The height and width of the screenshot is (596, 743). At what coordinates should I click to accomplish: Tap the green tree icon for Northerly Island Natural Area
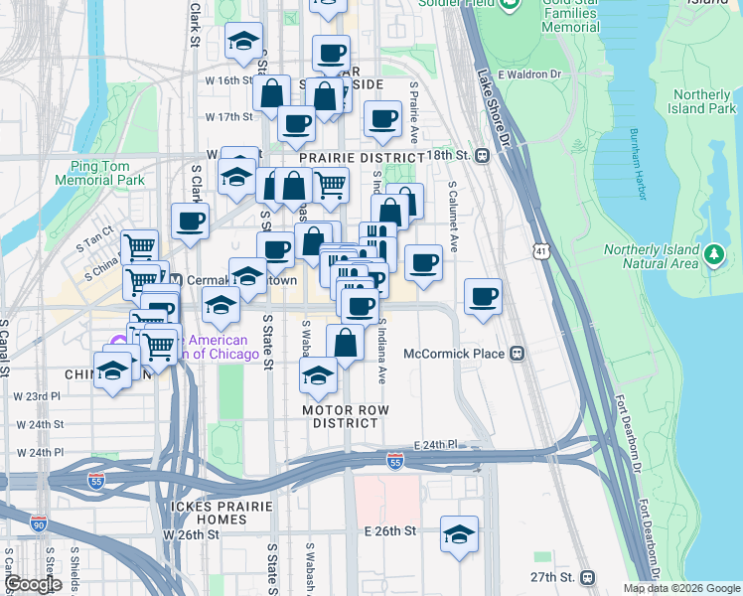point(713,256)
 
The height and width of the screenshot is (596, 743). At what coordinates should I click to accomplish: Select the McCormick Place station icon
point(517,354)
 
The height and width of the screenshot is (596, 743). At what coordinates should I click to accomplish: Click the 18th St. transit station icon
point(482,155)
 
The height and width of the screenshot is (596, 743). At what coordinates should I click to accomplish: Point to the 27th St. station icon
point(588,576)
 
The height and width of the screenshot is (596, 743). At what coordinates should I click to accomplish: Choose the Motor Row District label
point(345,416)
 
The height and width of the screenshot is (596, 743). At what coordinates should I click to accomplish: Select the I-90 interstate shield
point(39,523)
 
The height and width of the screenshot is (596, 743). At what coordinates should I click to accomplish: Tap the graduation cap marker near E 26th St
point(459,534)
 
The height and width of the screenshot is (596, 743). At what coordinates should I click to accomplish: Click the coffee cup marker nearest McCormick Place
point(483,297)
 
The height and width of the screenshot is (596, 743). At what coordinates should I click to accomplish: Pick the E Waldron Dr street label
point(529,74)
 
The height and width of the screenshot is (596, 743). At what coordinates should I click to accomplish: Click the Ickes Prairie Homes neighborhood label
point(195,513)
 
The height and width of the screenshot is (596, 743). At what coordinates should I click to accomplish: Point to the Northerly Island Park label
point(701,101)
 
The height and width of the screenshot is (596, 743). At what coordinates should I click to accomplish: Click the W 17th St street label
point(229,117)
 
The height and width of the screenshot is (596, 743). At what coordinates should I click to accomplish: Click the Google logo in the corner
point(33,584)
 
